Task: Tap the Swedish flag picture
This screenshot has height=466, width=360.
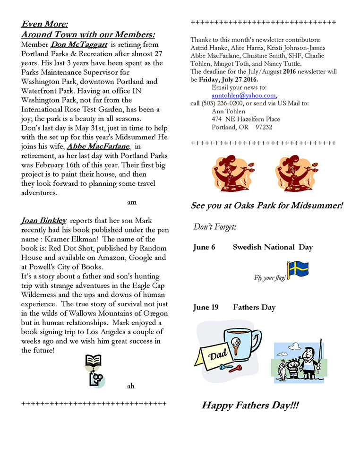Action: (298, 269)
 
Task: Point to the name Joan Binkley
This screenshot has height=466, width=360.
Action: (43, 220)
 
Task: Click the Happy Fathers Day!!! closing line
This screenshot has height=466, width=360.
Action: (250, 406)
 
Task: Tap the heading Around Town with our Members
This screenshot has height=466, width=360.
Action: (88, 35)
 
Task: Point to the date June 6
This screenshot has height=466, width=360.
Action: (204, 247)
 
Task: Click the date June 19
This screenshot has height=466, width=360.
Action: (206, 307)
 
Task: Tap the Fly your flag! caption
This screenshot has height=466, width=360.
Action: (270, 277)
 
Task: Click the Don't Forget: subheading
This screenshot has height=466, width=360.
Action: (215, 227)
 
